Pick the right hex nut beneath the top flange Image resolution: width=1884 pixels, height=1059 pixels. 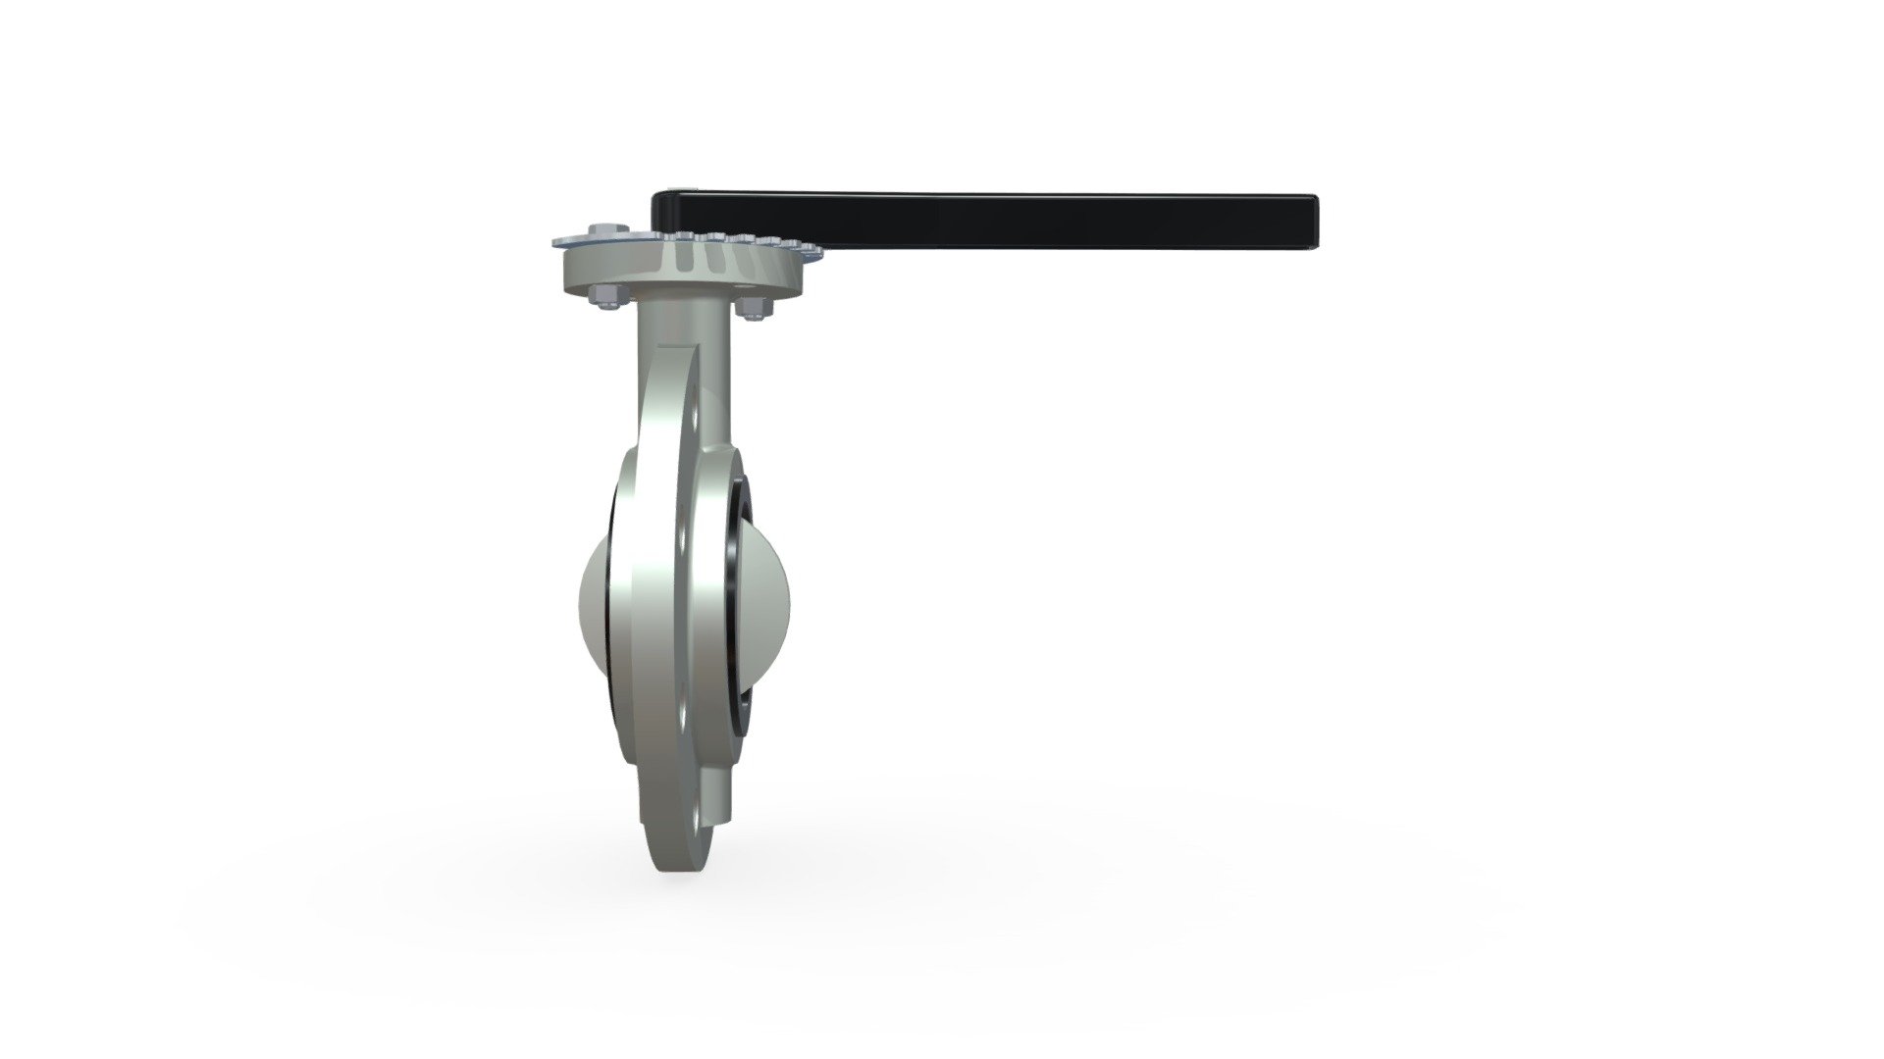[x=753, y=307]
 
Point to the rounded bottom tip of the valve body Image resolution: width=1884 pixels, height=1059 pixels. [x=677, y=863]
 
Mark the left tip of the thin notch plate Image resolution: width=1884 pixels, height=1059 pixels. [x=556, y=239]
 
